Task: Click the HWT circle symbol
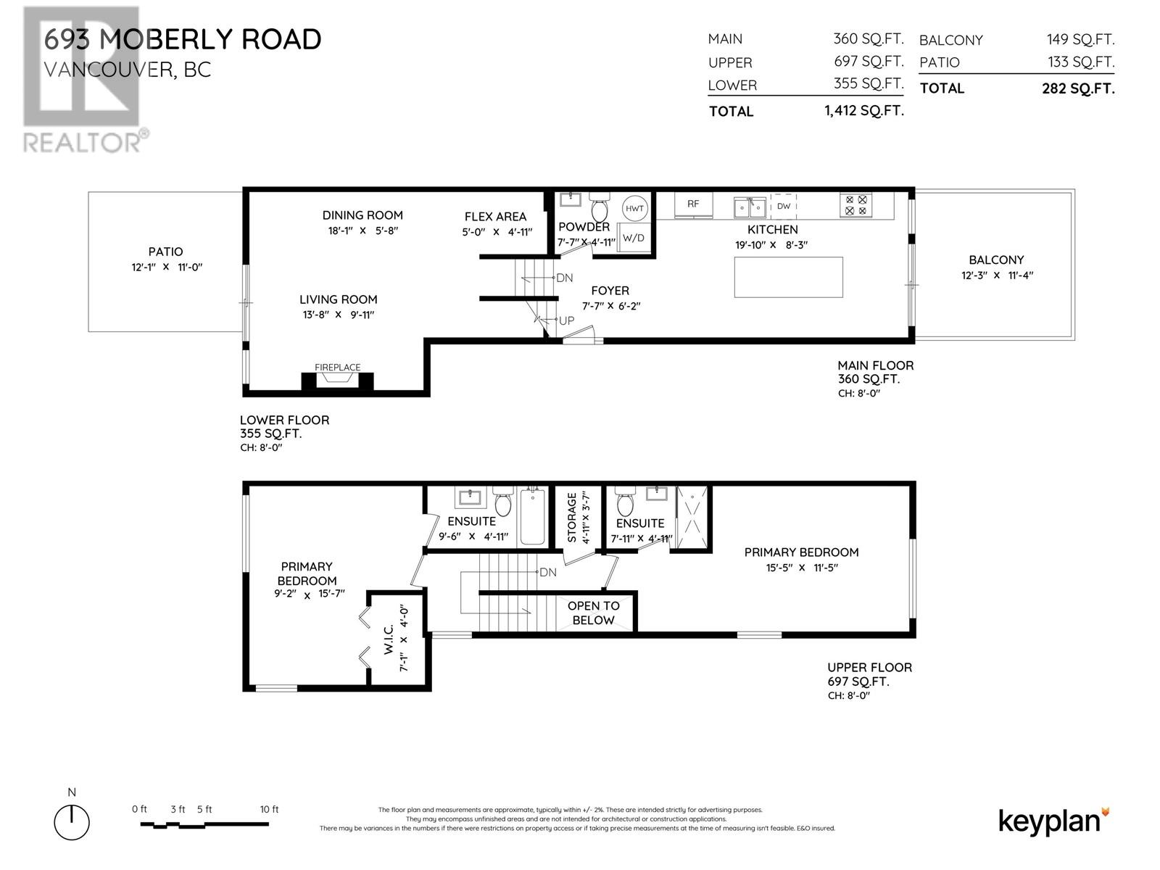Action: pos(634,208)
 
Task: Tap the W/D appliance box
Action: pos(633,237)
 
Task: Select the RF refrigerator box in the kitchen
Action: pos(693,204)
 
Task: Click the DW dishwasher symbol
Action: pos(783,206)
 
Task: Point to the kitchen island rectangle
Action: pos(788,277)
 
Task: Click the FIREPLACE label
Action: pos(337,368)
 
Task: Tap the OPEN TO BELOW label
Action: pos(593,613)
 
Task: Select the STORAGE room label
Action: pos(572,517)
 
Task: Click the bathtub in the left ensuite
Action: pos(532,516)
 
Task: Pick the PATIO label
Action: pos(165,252)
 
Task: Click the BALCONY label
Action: pos(995,260)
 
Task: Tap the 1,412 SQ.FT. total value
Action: pos(863,111)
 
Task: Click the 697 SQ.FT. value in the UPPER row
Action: pos(868,62)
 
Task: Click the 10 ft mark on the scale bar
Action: pos(269,810)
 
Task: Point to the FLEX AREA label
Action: pos(495,216)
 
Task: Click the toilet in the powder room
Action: pos(600,208)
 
